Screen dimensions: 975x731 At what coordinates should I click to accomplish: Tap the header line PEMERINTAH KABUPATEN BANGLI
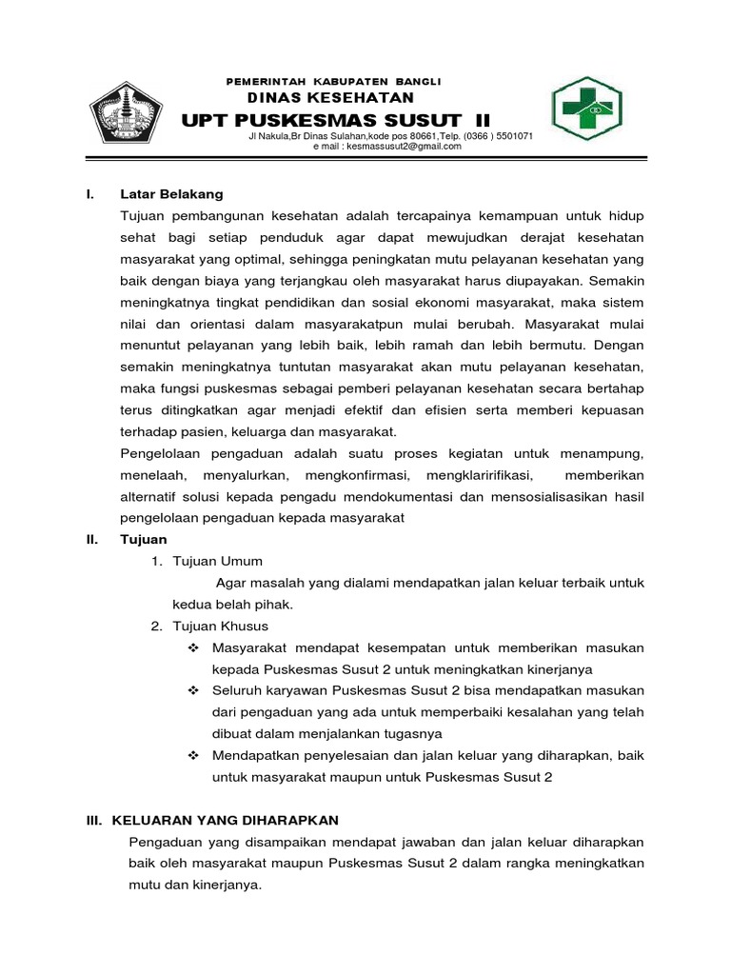333,81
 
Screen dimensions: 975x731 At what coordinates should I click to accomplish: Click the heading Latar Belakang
171,194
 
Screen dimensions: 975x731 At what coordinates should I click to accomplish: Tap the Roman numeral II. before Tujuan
92,540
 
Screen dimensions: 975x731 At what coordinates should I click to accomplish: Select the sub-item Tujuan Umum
217,561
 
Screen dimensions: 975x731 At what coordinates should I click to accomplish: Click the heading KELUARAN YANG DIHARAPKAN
226,820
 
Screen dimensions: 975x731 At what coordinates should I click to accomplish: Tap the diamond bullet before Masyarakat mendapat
194,647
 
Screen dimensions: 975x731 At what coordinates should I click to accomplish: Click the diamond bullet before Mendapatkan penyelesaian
194,755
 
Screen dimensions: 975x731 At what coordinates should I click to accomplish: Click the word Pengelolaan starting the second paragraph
164,453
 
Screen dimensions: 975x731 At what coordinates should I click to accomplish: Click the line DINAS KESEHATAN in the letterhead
330,98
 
